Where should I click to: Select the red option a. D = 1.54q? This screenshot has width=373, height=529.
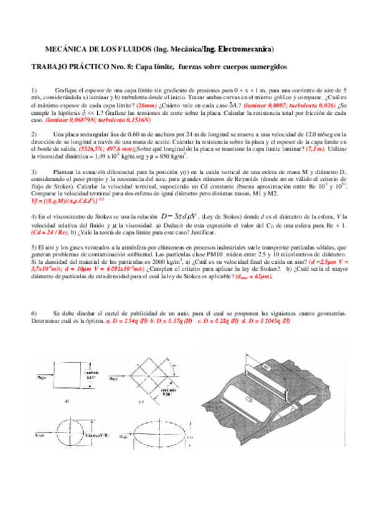128,321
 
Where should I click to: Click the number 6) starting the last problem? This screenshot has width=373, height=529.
34,313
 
